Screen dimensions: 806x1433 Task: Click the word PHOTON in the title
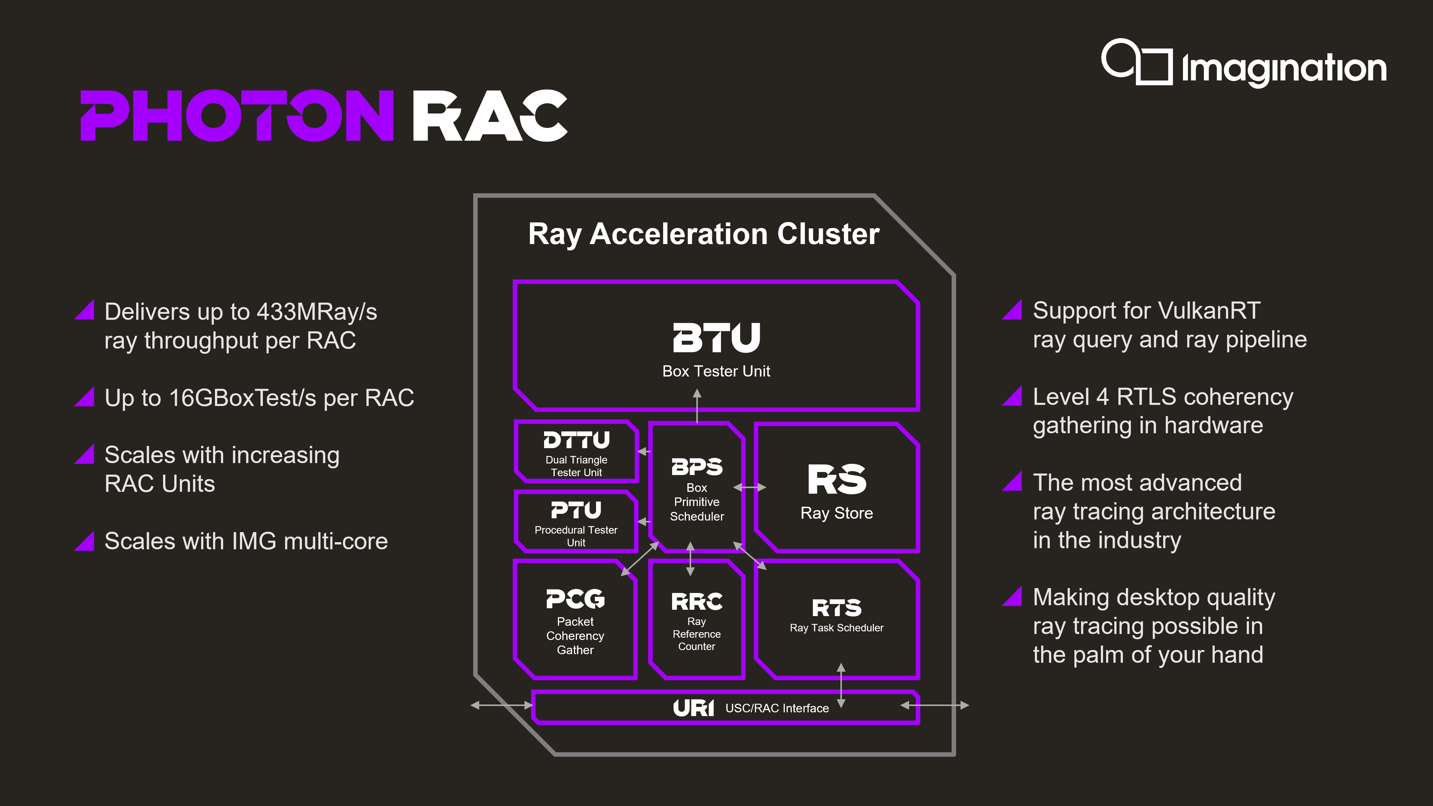click(x=237, y=116)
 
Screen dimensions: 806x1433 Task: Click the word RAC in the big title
click(x=490, y=116)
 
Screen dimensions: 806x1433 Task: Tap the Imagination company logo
click(x=1243, y=64)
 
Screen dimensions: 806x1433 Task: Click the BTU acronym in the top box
click(x=716, y=338)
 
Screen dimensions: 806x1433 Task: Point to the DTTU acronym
click(x=576, y=440)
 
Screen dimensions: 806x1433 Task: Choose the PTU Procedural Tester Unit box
click(x=576, y=522)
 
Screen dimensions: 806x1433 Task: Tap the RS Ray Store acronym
click(x=837, y=479)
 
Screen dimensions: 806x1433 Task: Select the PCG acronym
click(x=575, y=599)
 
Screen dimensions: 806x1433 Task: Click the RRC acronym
click(x=696, y=601)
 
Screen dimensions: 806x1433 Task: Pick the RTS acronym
click(x=837, y=608)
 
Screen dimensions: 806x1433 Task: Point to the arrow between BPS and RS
click(x=749, y=487)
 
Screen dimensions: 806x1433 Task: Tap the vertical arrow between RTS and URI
click(x=841, y=685)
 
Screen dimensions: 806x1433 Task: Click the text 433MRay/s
click(x=316, y=312)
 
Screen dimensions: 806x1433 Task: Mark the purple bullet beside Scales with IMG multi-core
click(x=85, y=541)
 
